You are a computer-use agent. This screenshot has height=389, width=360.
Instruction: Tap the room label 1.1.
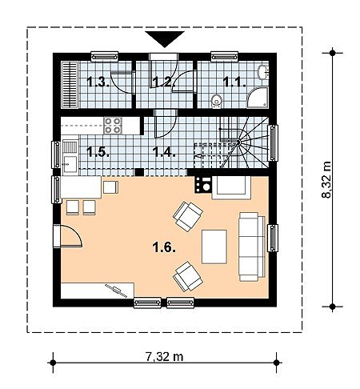tap(234, 82)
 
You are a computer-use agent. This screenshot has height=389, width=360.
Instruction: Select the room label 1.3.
tap(98, 82)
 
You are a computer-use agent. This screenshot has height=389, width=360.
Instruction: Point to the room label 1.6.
tap(164, 247)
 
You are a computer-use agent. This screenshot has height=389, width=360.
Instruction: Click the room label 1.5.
tap(98, 152)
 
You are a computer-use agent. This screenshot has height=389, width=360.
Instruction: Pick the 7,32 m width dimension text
tap(164, 356)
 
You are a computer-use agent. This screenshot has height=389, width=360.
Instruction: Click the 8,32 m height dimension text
tap(326, 179)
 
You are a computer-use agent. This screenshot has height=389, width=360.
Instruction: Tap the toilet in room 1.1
tap(216, 102)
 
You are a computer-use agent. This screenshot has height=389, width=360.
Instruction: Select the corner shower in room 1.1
tap(258, 98)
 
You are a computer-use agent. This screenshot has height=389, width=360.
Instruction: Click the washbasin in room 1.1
tap(263, 71)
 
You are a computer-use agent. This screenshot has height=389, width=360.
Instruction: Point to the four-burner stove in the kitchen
tap(113, 126)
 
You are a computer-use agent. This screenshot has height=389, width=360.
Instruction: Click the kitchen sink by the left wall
tap(70, 158)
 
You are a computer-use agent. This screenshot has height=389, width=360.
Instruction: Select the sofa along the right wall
tap(252, 247)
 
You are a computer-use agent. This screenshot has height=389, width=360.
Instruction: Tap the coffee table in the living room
tap(214, 247)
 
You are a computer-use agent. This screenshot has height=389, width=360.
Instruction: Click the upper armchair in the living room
tap(188, 216)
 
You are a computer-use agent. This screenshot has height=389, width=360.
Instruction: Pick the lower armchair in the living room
tap(188, 276)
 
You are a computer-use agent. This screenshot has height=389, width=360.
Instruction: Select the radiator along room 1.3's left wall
tap(70, 85)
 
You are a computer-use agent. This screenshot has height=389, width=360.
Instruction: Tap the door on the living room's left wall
tap(68, 236)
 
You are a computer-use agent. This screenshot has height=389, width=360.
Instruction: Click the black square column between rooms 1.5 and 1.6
tap(139, 172)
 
